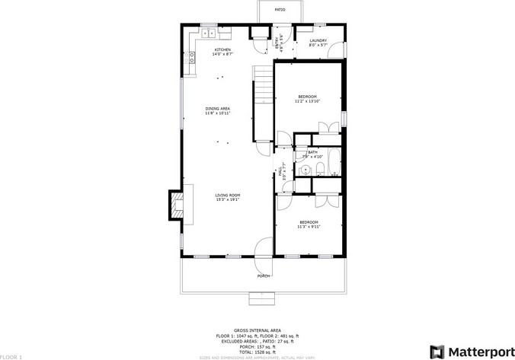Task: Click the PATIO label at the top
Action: pyautogui.click(x=280, y=10)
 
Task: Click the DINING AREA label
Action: pyautogui.click(x=217, y=109)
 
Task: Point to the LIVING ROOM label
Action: pyautogui.click(x=228, y=195)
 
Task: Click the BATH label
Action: pyautogui.click(x=313, y=152)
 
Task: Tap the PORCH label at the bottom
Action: pyautogui.click(x=264, y=276)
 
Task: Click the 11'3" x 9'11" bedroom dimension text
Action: pyautogui.click(x=309, y=226)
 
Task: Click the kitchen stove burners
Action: pyautogui.click(x=184, y=57)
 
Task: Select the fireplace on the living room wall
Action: pyautogui.click(x=177, y=204)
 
